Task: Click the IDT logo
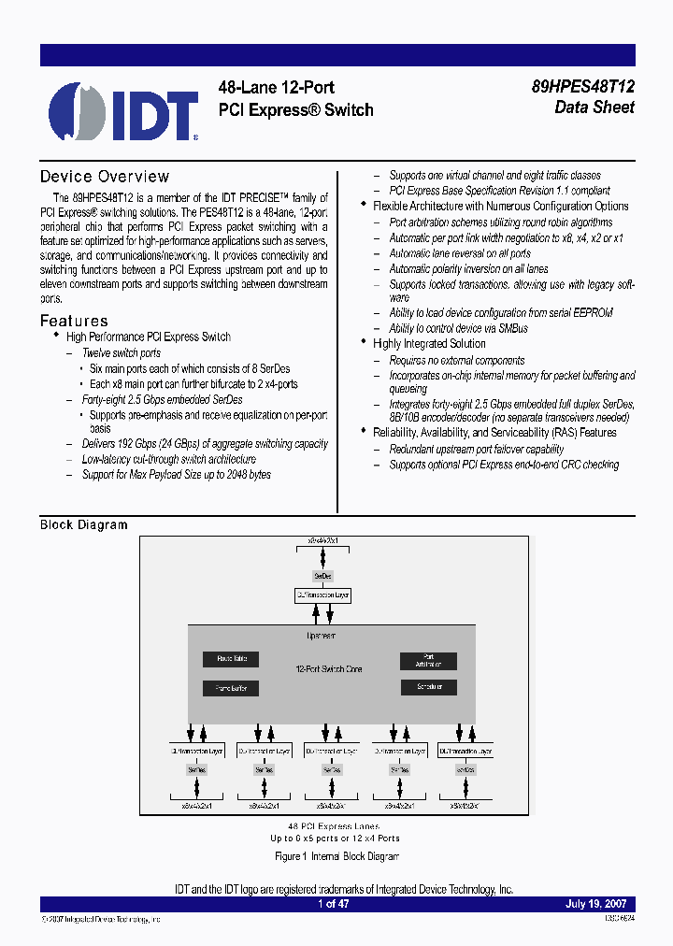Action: [x=122, y=111]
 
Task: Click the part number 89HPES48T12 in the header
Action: [x=582, y=87]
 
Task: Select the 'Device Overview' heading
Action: [x=105, y=177]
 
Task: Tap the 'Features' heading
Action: [x=74, y=321]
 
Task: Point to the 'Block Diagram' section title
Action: [x=83, y=524]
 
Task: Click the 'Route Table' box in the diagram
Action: [x=231, y=660]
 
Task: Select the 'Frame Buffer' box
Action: [x=231, y=688]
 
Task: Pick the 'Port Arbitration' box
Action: [x=428, y=660]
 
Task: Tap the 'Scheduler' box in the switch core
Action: [x=428, y=687]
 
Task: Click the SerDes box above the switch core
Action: [x=322, y=575]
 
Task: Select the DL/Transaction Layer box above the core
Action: [x=322, y=595]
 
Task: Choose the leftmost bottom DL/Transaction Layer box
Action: [x=196, y=751]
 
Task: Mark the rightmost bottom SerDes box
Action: [x=465, y=769]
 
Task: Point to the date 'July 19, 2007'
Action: [x=596, y=905]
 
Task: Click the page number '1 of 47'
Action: [x=334, y=905]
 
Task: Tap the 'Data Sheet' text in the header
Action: [x=594, y=107]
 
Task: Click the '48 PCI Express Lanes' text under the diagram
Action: [x=334, y=827]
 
